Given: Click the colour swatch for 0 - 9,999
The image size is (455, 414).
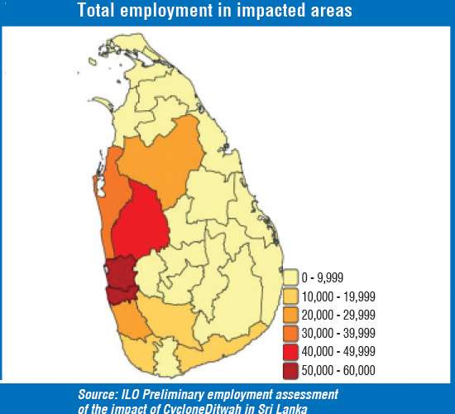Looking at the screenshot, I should (x=290, y=277).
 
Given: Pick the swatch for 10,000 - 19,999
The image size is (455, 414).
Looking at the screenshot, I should (x=290, y=296).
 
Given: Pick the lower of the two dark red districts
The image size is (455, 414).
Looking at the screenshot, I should (x=120, y=293).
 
